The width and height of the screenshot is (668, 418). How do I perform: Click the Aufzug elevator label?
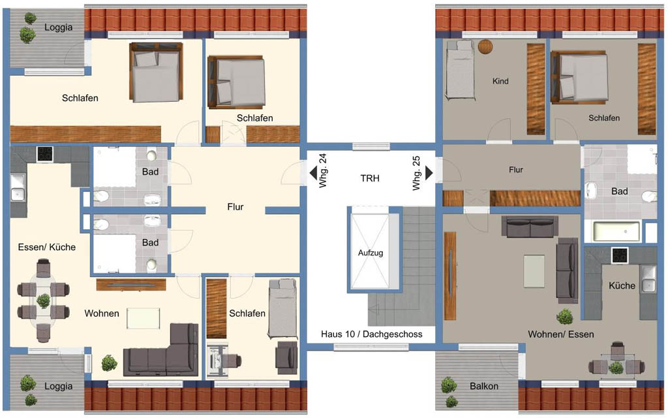(371, 253)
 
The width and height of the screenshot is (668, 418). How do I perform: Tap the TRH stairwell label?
(370, 178)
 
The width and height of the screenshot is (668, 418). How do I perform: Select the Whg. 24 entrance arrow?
(313, 173)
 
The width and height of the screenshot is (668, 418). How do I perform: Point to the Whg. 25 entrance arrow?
(429, 172)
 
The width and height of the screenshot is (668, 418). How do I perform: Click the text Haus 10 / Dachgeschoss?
(371, 334)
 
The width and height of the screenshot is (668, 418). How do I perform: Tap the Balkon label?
(484, 386)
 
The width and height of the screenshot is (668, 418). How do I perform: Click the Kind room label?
(500, 81)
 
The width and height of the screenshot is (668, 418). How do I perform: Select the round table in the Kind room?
(485, 46)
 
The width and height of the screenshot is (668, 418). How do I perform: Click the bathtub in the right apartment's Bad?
(617, 231)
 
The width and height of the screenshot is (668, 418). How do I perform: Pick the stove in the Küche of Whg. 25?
(620, 255)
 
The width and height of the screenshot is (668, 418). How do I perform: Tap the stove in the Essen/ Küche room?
(45, 154)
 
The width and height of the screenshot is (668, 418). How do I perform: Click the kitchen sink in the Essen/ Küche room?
(18, 188)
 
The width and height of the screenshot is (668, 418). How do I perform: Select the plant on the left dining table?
(43, 300)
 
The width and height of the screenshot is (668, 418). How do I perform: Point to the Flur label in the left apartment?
(235, 207)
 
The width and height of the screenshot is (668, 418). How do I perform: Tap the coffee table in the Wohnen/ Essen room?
(534, 271)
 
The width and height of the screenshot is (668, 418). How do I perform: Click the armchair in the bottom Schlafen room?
(286, 357)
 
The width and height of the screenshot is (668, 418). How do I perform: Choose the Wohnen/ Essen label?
(560, 334)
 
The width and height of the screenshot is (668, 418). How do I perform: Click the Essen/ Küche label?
(47, 247)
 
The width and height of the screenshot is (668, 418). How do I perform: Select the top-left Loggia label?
(58, 27)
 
